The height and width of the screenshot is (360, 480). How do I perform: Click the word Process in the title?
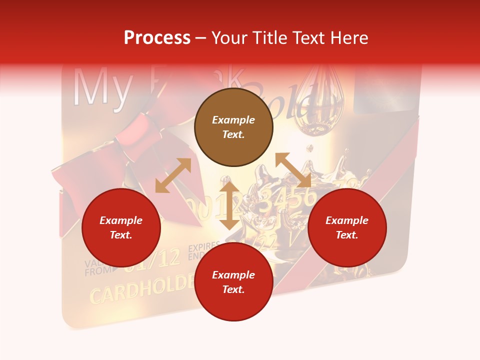[157, 37]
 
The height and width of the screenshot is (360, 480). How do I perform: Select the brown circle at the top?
[233, 127]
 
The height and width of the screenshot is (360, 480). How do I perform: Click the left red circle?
[121, 227]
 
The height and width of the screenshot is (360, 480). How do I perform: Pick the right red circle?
[347, 227]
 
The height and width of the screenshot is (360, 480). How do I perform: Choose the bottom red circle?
[233, 282]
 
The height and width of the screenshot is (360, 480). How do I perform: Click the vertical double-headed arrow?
[229, 206]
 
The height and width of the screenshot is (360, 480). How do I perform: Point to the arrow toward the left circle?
[173, 175]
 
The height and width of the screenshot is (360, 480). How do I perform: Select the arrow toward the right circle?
[293, 170]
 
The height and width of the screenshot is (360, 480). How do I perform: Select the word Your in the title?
[229, 37]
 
